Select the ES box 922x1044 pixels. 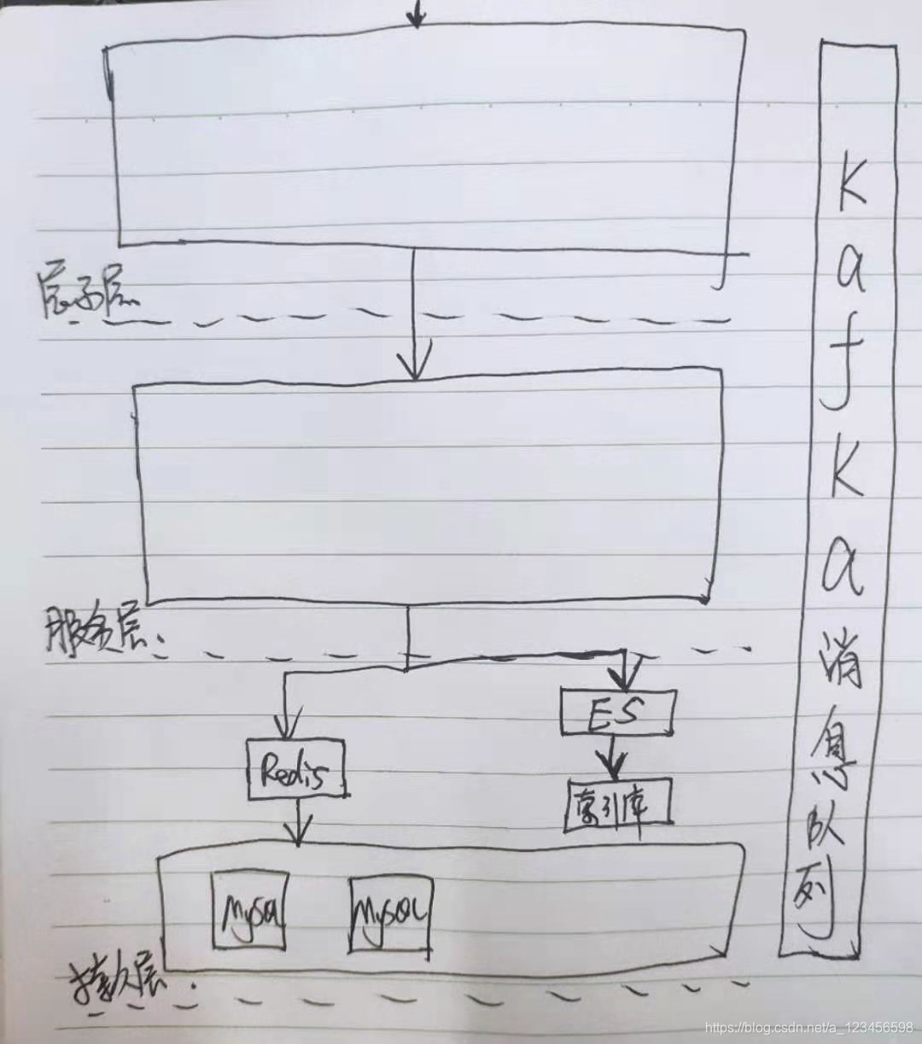618,712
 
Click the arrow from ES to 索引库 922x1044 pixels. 612,755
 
